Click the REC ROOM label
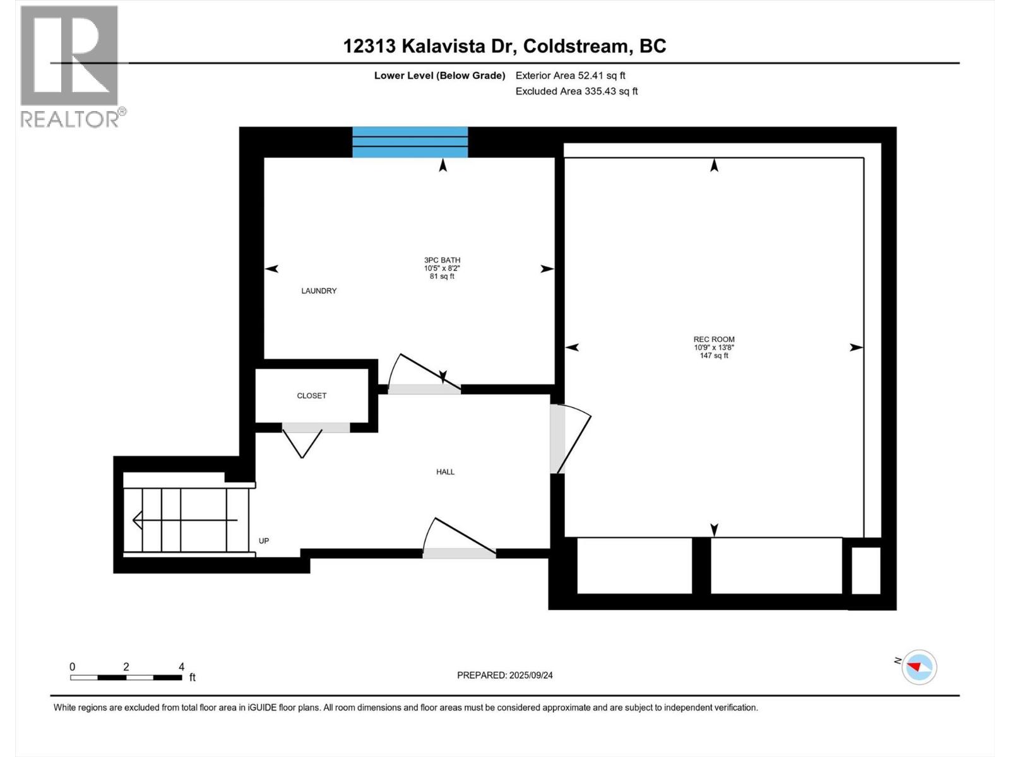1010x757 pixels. [x=713, y=339]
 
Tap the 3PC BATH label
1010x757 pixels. [x=442, y=260]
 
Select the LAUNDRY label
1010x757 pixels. [x=319, y=291]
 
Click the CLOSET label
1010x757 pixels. [x=312, y=396]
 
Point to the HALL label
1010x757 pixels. [x=445, y=472]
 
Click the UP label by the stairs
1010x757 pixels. [x=264, y=541]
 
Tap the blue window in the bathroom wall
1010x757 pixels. [x=410, y=142]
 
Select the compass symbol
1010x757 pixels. [x=918, y=667]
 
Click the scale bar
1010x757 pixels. [x=126, y=678]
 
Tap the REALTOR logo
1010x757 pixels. [x=69, y=66]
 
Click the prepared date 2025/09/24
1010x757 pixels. [x=504, y=675]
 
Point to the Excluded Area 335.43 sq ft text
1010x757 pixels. [x=576, y=91]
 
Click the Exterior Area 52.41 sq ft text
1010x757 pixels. [x=570, y=75]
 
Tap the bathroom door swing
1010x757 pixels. [x=420, y=375]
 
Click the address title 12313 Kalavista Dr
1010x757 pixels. [x=504, y=46]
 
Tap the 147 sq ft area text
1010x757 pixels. [x=713, y=356]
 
